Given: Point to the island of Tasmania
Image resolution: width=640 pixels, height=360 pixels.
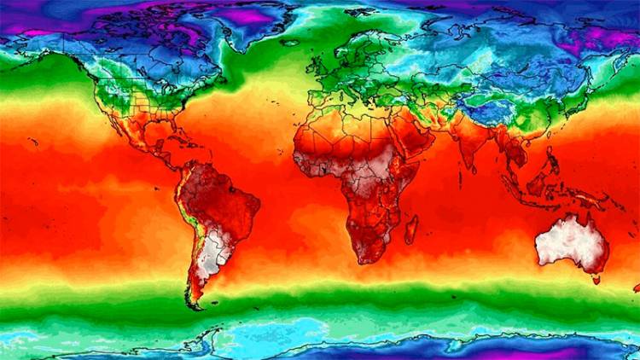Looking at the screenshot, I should click(x=596, y=278).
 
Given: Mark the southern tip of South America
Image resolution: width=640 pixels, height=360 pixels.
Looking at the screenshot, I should click(x=195, y=303).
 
